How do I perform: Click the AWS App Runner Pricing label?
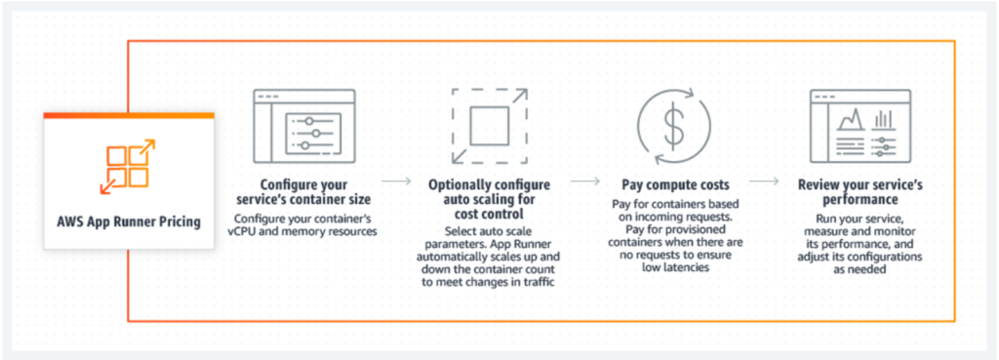coord(129,221)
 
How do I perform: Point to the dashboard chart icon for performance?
coord(854,127)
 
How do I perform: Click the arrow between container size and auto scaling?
coord(395,181)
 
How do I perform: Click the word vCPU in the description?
coord(256,232)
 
